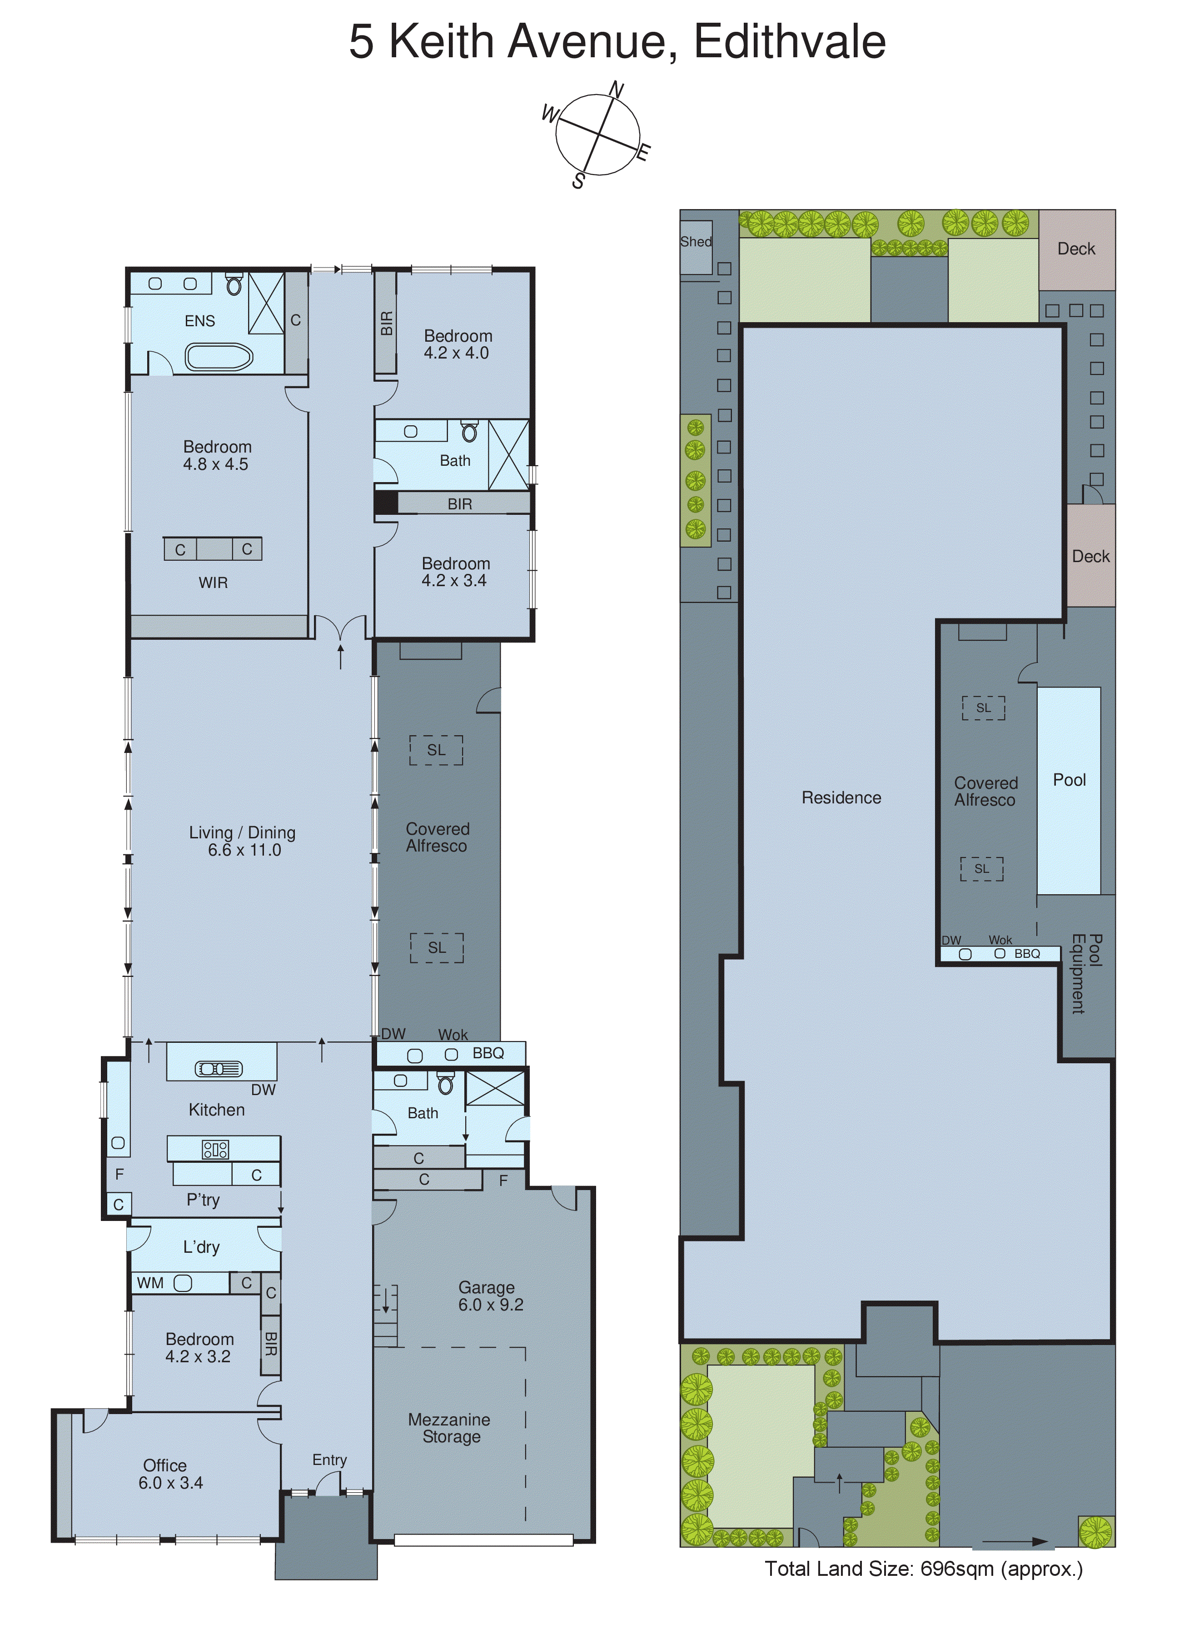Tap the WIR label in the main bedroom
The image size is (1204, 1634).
click(x=213, y=583)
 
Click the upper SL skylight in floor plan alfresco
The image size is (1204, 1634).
click(x=436, y=750)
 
